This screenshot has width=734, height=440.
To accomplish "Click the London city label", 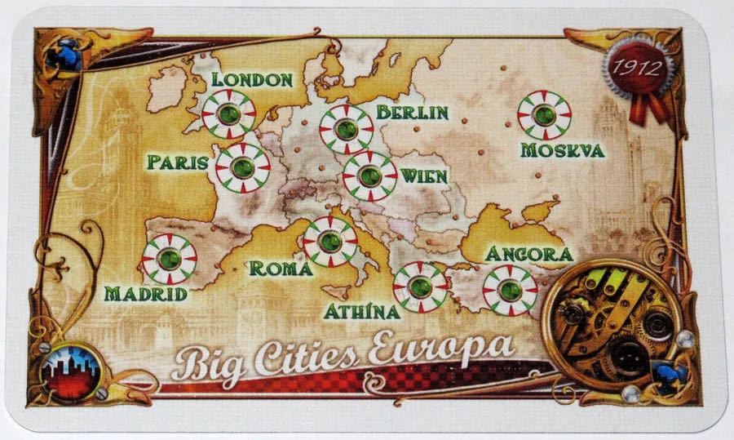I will tap(251, 79).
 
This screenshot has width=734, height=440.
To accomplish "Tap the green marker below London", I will tap(229, 114).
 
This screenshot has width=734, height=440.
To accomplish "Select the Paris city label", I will tap(178, 162).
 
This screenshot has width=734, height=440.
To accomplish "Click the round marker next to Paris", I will tap(242, 168).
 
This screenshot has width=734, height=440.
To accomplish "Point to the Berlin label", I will tap(412, 112).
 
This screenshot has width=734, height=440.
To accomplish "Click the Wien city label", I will tap(423, 176).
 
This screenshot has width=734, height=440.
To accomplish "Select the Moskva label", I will tap(562, 150).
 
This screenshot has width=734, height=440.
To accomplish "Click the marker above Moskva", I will tap(544, 115).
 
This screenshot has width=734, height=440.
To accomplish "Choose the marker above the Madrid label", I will tap(169, 259).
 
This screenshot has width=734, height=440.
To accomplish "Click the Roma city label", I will tap(281, 268).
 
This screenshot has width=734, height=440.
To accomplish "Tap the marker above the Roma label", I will tap(329, 242).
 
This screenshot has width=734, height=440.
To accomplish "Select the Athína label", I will tap(361, 311).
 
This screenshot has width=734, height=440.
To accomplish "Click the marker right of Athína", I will tap(420, 287).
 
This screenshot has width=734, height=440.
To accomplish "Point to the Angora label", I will tap(529, 254).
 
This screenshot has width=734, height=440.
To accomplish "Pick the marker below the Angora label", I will tap(510, 290).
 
